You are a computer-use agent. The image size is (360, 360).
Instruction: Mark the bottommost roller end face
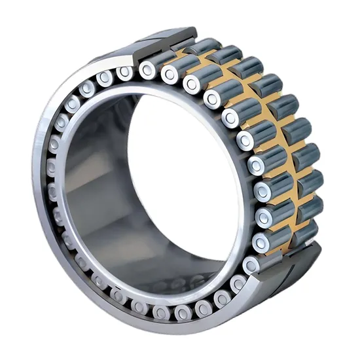pyautogui.click(x=161, y=313)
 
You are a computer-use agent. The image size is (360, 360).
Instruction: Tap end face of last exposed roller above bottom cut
pyautogui.click(x=251, y=264)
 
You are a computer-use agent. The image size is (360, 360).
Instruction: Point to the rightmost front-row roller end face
pyautogui.click(x=262, y=191)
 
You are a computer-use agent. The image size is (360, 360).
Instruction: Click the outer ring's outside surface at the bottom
pyautogui.click(x=196, y=327)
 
